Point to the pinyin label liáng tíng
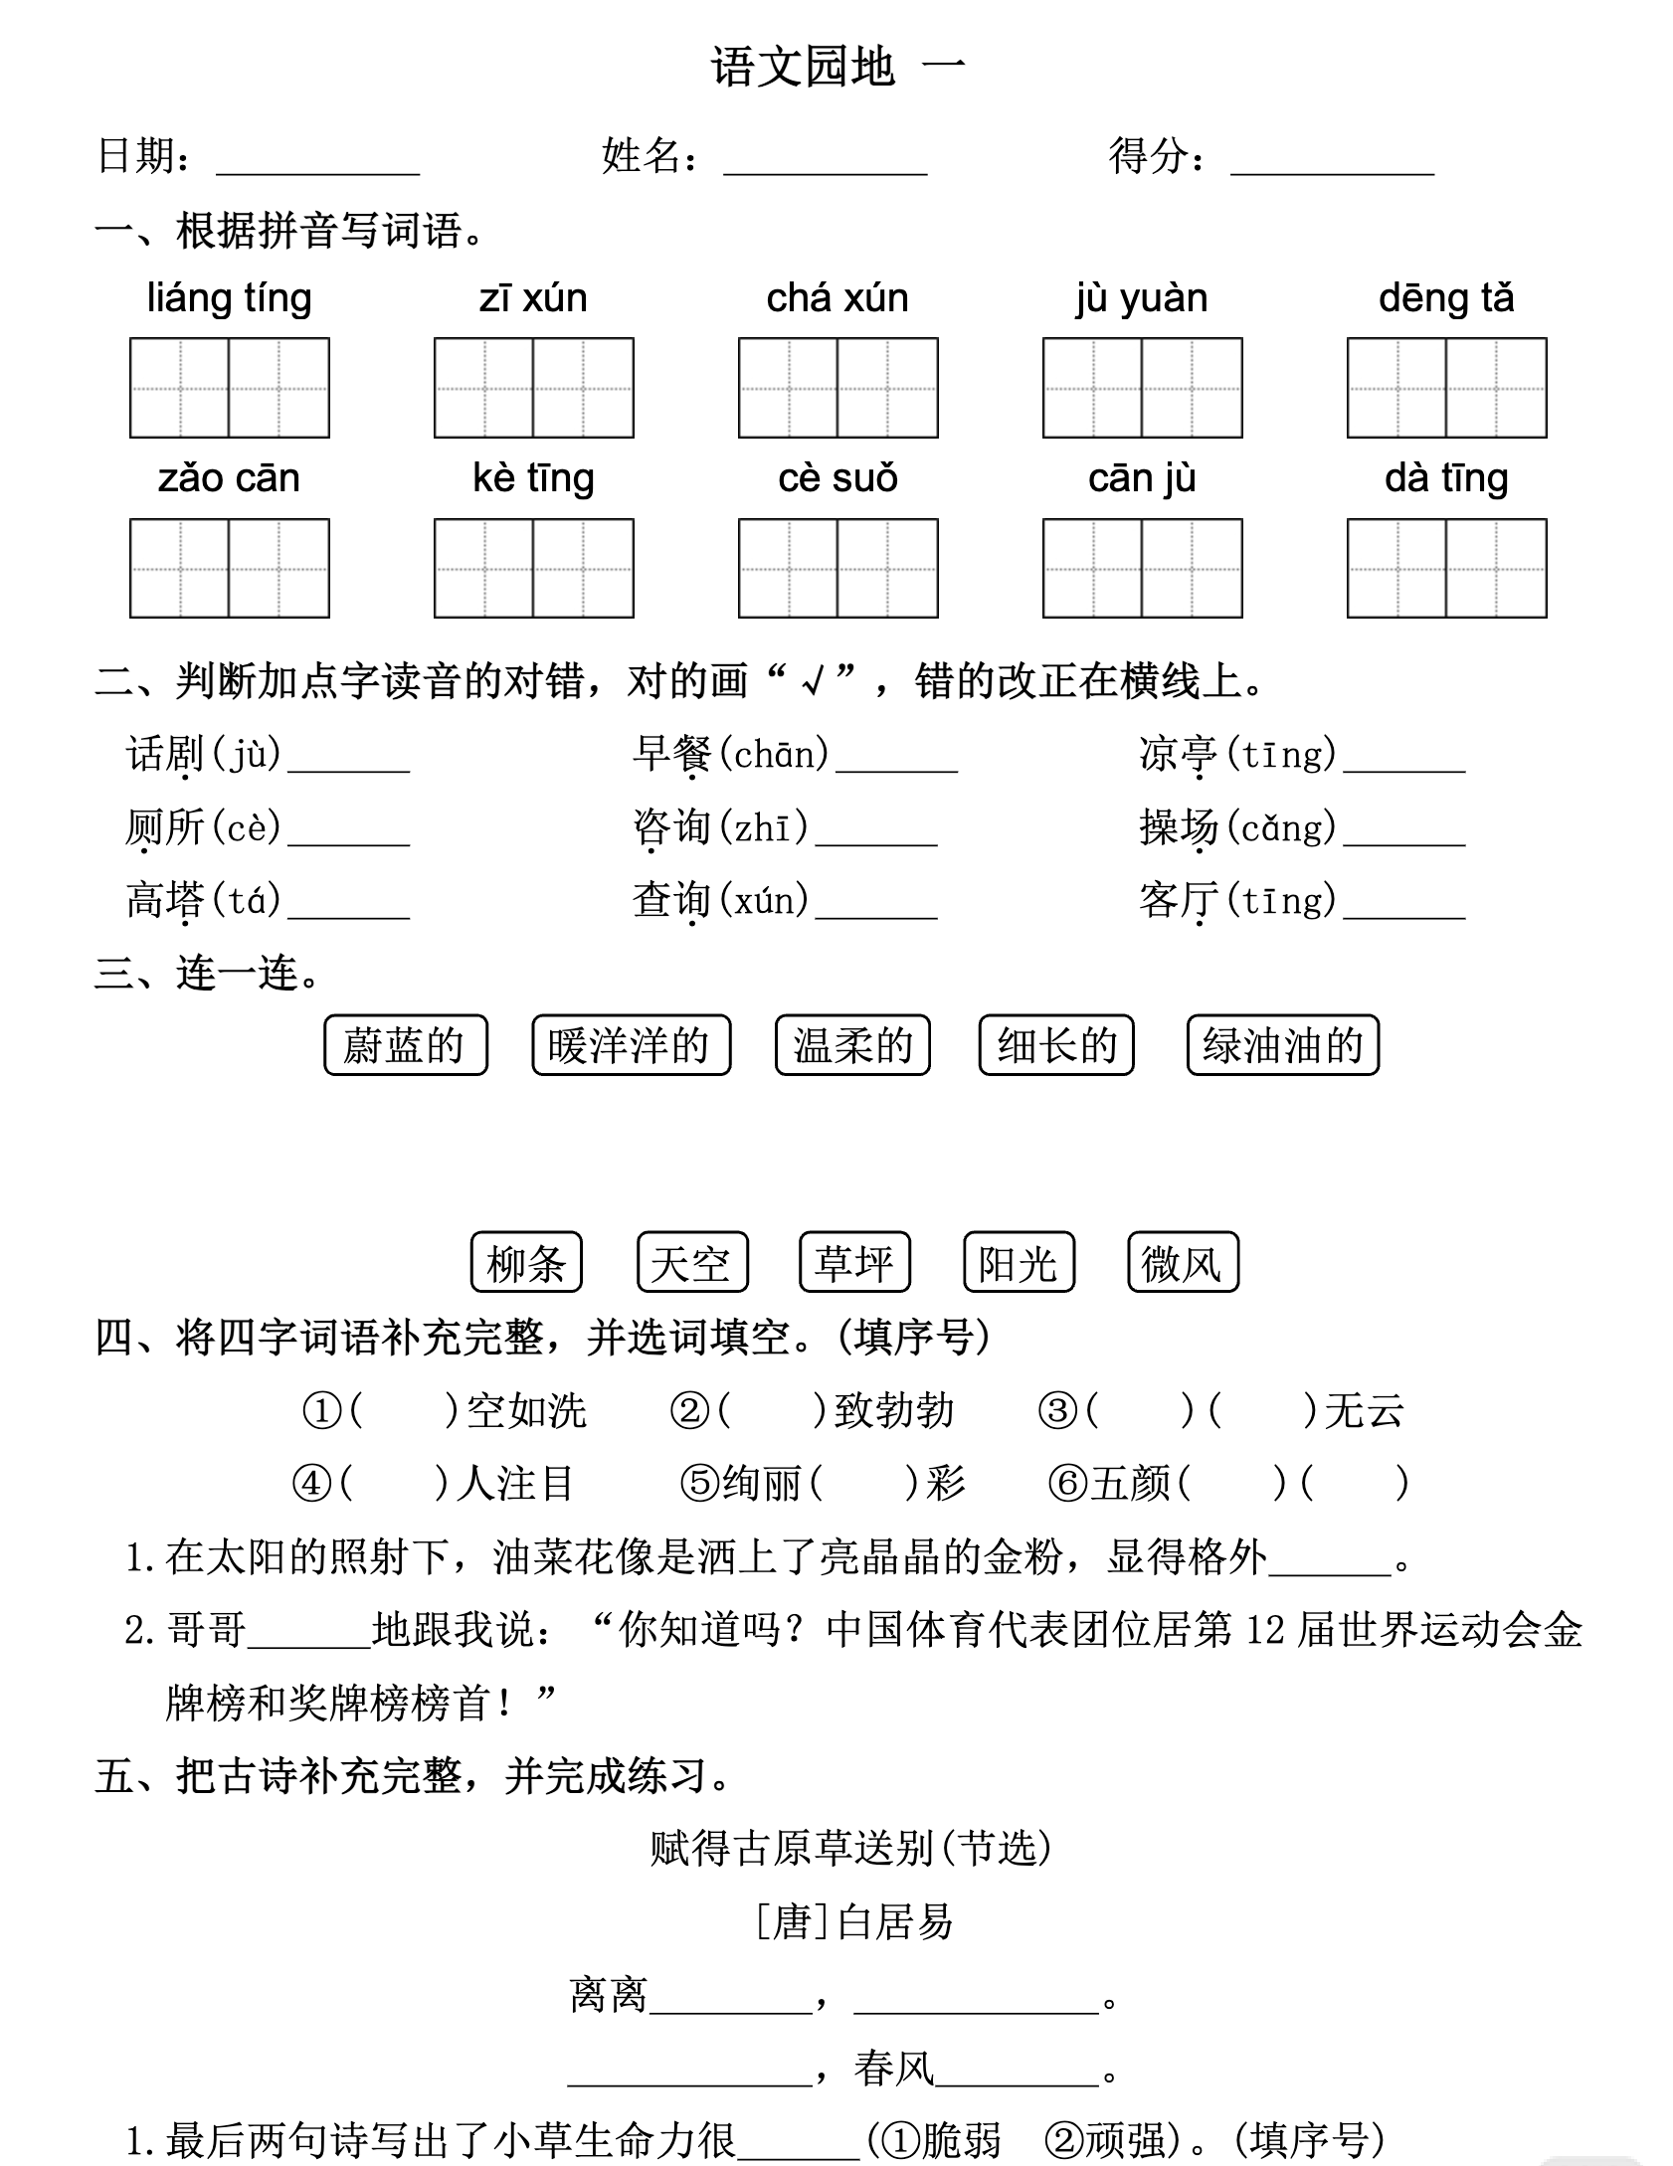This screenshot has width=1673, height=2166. click(229, 298)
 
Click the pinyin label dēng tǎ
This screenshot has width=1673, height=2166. click(1446, 298)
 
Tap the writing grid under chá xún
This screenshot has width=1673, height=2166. click(837, 388)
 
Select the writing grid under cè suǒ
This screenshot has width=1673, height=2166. click(837, 568)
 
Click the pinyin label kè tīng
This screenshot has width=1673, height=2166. click(533, 478)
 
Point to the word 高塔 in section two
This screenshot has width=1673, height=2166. click(165, 900)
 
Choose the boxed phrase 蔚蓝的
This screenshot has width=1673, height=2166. click(406, 1045)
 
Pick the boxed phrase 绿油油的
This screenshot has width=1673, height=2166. click(1283, 1045)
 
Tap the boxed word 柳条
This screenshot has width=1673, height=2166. click(526, 1263)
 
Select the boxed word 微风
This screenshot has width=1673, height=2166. click(1183, 1263)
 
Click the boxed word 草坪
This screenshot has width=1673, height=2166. click(854, 1263)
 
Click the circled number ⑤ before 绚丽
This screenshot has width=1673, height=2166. click(699, 1484)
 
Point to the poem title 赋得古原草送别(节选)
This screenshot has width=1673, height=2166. click(851, 1848)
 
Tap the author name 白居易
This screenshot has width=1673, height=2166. click(895, 1921)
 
